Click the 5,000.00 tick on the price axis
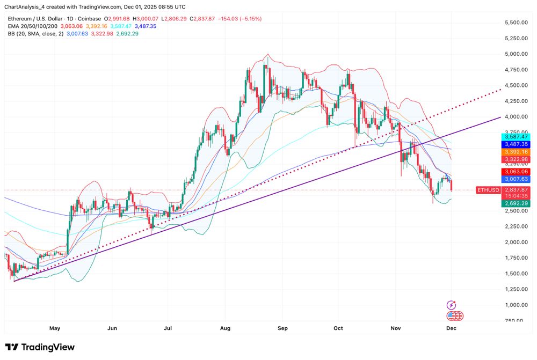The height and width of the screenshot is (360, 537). pyautogui.click(x=517, y=54)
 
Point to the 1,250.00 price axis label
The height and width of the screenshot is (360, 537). pyautogui.click(x=517, y=289)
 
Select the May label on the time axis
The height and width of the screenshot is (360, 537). pyautogui.click(x=54, y=327)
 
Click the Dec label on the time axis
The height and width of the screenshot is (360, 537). pyautogui.click(x=451, y=327)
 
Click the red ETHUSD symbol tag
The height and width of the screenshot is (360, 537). pyautogui.click(x=488, y=189)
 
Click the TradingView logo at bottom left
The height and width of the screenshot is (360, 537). pyautogui.click(x=40, y=347)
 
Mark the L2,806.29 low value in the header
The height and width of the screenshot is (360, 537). pyautogui.click(x=179, y=18)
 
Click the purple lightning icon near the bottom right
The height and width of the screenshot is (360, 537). pyautogui.click(x=452, y=305)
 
